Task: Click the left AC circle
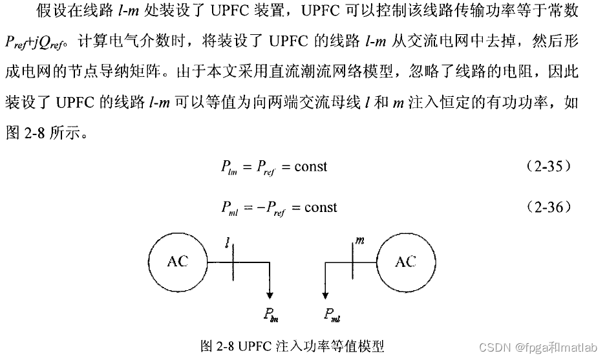pos(177,261)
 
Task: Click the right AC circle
pos(405,261)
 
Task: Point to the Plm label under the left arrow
pos(270,315)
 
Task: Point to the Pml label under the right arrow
pos(333,315)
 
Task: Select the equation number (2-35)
pos(549,166)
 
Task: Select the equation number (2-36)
pos(549,207)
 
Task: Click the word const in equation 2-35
pos(311,167)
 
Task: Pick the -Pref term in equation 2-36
pos(269,208)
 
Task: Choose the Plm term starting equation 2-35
pos(229,167)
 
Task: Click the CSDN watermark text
pos(506,346)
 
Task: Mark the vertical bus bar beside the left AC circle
pos(232,261)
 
